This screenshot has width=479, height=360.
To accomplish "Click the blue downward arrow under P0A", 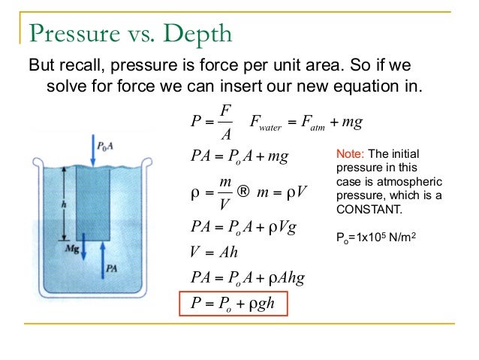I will click(x=92, y=150).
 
